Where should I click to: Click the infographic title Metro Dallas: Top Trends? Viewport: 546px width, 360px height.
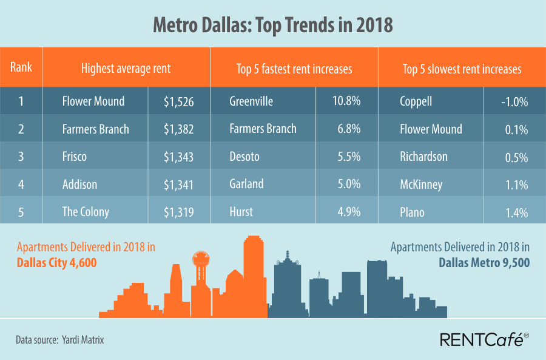tap(272, 25)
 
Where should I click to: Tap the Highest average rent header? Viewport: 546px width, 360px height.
tap(126, 69)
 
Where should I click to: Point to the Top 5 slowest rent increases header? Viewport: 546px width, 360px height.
tap(462, 69)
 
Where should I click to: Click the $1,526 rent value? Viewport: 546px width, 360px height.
tap(178, 101)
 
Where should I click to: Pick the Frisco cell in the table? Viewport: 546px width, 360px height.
tap(75, 157)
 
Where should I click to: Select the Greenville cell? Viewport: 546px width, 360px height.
tap(251, 101)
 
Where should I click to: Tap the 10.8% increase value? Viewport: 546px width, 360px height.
tap(346, 101)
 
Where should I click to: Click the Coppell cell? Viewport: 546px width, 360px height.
tap(416, 101)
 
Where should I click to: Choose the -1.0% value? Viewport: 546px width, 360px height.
tap(514, 101)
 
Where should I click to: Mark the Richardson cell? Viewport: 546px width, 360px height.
tap(423, 157)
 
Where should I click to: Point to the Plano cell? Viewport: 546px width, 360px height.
tap(413, 212)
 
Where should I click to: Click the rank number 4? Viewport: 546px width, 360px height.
tap(21, 184)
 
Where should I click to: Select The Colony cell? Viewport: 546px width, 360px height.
tap(86, 212)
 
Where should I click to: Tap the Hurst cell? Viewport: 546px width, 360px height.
tap(242, 212)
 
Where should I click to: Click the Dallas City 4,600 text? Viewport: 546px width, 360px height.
tap(56, 264)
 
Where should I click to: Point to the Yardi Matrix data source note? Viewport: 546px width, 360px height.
tap(60, 340)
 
